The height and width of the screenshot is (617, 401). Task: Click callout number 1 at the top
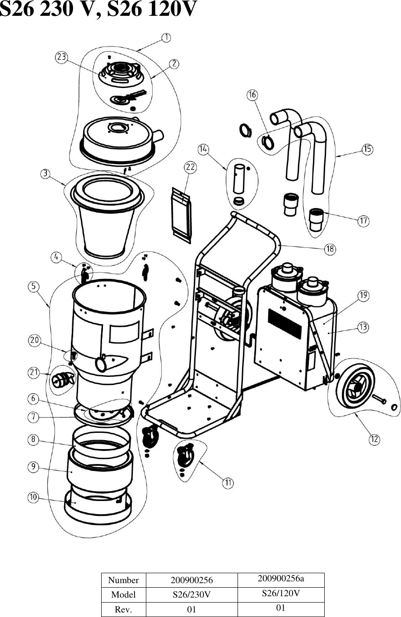(167, 37)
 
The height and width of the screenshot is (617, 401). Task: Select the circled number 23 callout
(61, 57)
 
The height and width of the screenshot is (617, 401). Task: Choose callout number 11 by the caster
(228, 482)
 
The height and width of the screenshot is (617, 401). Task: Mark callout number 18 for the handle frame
(330, 248)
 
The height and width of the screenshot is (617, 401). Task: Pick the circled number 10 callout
(34, 497)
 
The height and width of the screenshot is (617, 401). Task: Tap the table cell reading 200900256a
(280, 579)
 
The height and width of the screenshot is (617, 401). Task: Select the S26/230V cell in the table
(192, 594)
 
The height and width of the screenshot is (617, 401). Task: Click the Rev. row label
(124, 610)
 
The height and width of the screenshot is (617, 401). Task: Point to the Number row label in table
(124, 580)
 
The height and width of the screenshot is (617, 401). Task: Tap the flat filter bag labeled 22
(182, 213)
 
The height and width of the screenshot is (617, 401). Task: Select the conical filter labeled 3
(107, 217)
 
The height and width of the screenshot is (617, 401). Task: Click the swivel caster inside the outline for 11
(185, 456)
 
